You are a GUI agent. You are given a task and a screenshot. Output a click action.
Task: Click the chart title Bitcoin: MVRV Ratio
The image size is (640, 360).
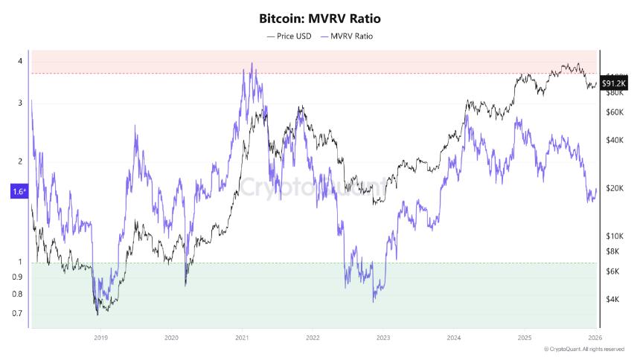pos(319,17)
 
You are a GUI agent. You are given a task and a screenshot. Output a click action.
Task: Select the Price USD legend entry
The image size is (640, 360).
pos(291,36)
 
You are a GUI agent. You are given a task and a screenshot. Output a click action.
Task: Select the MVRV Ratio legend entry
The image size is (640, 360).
pos(346,36)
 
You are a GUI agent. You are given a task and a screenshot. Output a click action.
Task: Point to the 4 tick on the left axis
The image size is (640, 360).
pos(20,61)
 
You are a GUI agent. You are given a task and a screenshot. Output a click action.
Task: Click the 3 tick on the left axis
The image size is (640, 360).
pos(20,103)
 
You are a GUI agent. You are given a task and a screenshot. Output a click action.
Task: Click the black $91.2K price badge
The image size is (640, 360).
pos(613,84)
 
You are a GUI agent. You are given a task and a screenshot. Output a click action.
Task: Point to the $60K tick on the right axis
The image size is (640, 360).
pos(614,112)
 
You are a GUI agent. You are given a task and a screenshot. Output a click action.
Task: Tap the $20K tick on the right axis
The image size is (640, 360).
pos(614,189)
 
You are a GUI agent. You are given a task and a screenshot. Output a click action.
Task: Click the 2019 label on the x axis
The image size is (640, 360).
pos(102,337)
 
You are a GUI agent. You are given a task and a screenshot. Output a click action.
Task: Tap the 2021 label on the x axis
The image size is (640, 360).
pos(242,337)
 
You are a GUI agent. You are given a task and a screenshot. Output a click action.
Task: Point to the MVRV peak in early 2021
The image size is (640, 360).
pos(253,64)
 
